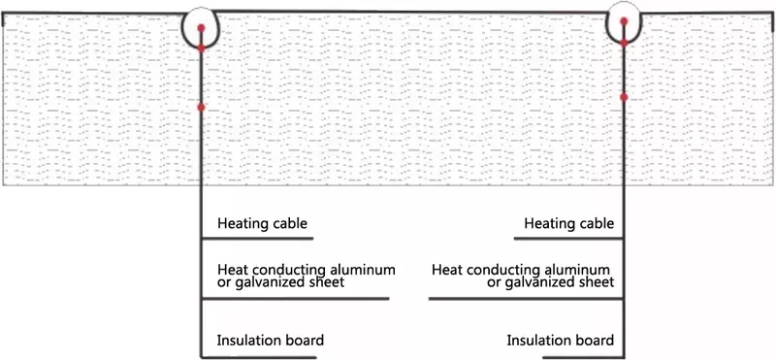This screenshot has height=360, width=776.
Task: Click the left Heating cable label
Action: pos(262,224)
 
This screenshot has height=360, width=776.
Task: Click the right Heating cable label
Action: pos(569,224)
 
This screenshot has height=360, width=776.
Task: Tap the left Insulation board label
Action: pos(271,341)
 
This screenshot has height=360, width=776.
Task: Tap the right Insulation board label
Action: pos(561,341)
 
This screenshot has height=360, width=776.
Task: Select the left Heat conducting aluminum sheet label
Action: pos(307,277)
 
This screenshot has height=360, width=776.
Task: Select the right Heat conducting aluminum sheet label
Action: pos(523,277)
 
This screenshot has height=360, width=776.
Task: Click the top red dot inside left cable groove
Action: pos(201,28)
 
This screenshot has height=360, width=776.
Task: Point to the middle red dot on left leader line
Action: pos(201,49)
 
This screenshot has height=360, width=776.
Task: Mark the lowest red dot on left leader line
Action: pos(201,108)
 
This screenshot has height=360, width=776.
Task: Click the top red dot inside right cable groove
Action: pos(624,21)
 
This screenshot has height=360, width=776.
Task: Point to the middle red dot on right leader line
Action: pos(624,43)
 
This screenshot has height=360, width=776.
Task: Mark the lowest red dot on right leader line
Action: pos(624,97)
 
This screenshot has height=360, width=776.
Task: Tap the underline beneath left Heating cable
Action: pos(257,239)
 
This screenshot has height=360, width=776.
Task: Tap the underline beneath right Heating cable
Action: pos(568,239)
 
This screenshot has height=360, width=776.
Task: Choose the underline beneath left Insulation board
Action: pos(259,357)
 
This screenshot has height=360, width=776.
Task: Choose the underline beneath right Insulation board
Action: pos(583,357)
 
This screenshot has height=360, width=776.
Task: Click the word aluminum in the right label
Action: pos(576,270)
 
